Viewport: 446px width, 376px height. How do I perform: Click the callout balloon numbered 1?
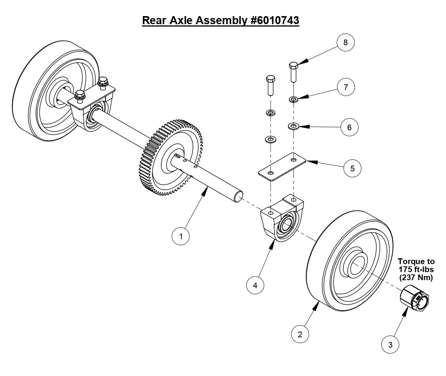pyautogui.click(x=181, y=236)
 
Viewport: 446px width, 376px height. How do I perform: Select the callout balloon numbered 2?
pyautogui.click(x=300, y=334)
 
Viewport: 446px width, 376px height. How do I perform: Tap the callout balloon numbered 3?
pyautogui.click(x=390, y=345)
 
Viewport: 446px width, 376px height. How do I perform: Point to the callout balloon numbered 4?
pyautogui.click(x=255, y=285)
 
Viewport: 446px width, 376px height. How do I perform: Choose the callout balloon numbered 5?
pyautogui.click(x=352, y=168)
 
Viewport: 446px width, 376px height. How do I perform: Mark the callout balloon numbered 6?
pyautogui.click(x=349, y=127)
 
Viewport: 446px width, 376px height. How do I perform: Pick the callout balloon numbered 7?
pyautogui.click(x=346, y=87)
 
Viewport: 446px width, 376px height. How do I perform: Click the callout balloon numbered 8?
pyautogui.click(x=345, y=42)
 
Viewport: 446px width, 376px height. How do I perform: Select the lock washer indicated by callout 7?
pyautogui.click(x=294, y=100)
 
